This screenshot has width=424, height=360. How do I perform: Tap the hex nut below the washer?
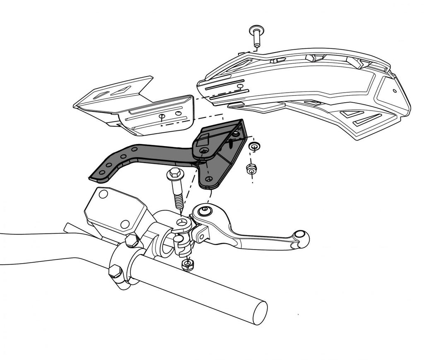251,169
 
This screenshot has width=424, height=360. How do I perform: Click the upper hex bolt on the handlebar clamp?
132,240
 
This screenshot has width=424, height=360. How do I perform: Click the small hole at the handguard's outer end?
395,90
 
